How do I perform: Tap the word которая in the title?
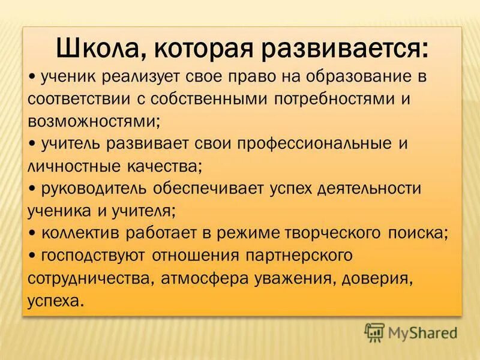click(x=197, y=47)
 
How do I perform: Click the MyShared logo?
click(x=411, y=332)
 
